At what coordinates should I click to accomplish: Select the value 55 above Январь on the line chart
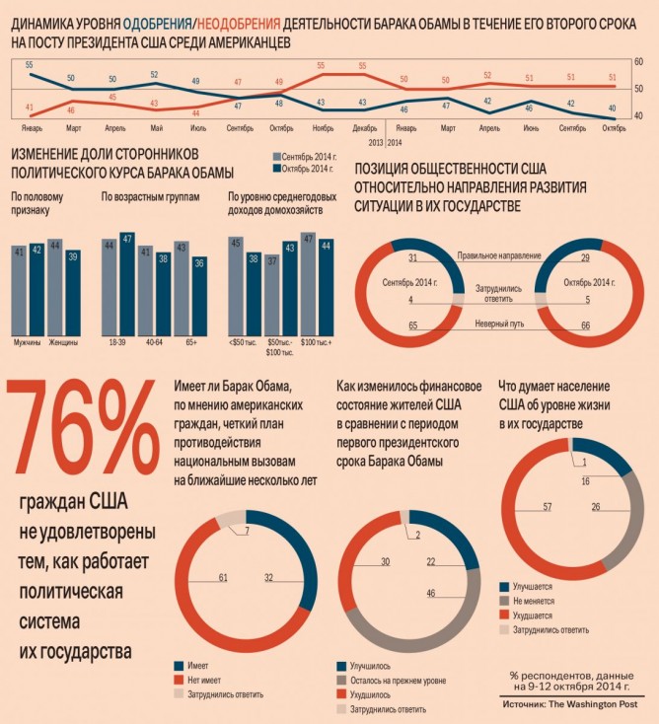(x=30, y=65)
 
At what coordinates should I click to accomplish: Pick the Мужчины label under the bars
(x=27, y=341)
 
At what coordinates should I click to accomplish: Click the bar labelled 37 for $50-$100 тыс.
(x=272, y=296)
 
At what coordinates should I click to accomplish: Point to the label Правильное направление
(x=498, y=255)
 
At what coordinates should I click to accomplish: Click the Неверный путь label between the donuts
(x=497, y=324)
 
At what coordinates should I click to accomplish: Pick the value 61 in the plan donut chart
(x=223, y=577)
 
